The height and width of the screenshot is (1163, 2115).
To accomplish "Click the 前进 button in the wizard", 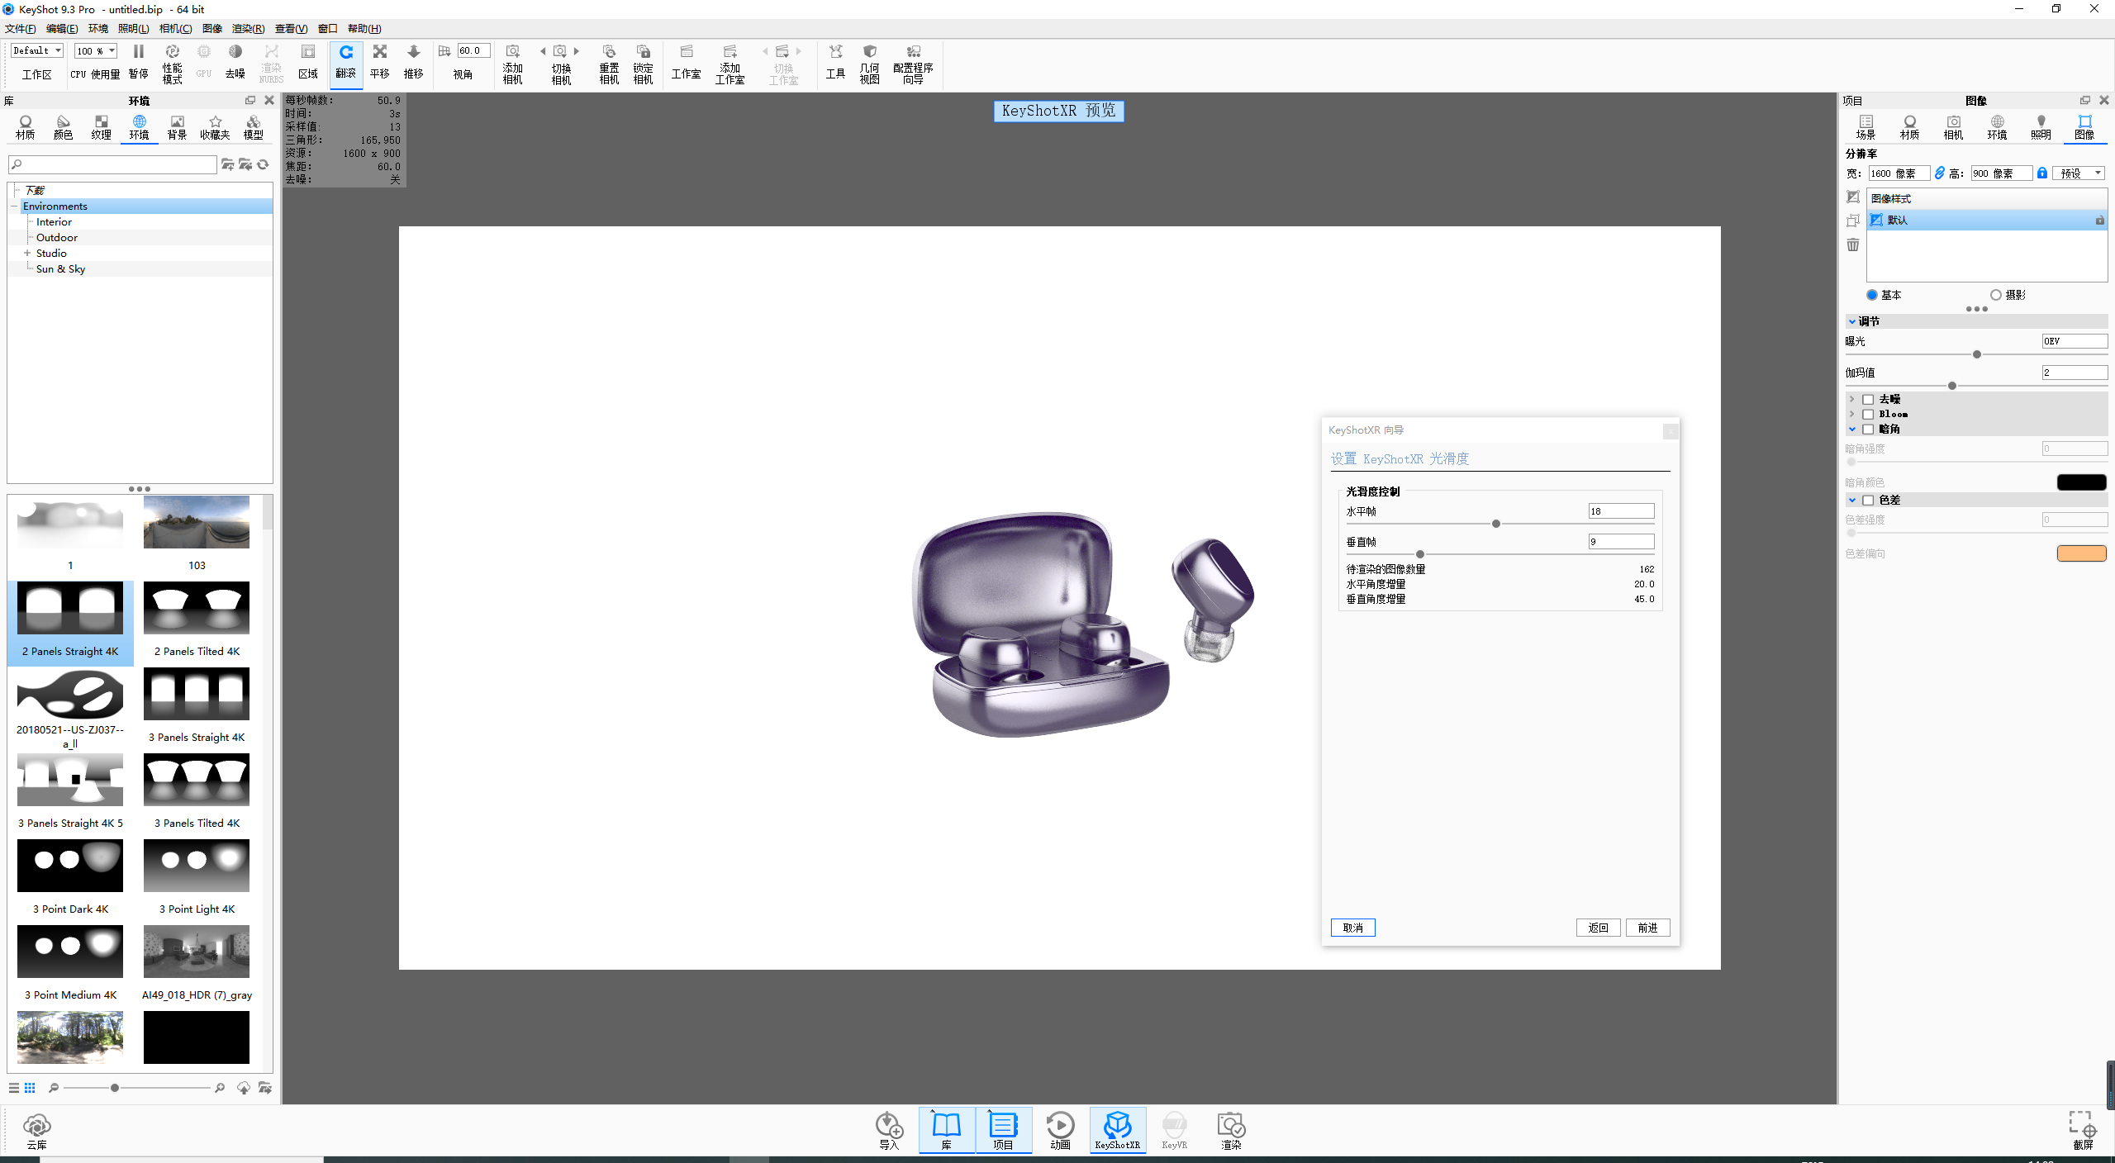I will (x=1647, y=928).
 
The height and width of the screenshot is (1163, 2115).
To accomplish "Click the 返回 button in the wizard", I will (x=1598, y=928).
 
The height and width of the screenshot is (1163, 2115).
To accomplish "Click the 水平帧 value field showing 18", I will (x=1620, y=511).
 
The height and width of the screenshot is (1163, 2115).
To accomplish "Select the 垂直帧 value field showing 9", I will (x=1620, y=542).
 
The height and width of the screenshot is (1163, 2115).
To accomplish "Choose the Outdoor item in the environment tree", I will (x=57, y=238).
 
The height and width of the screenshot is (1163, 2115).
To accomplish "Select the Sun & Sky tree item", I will (x=60, y=269).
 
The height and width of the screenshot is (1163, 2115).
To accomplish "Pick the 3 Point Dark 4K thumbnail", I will (x=70, y=866).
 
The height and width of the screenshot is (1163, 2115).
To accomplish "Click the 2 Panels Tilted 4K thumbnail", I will (x=197, y=608).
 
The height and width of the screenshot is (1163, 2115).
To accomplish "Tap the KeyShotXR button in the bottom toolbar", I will (x=1117, y=1129).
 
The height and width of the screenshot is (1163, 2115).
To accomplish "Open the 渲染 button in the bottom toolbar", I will (x=1231, y=1129).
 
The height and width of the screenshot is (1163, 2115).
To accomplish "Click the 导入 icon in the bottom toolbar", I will (x=889, y=1129).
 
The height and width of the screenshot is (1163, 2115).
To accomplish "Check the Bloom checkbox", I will (x=1868, y=415).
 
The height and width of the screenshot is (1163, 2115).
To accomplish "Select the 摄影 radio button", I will (x=1996, y=295).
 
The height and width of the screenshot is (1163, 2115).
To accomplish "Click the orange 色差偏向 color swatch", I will (x=2081, y=553).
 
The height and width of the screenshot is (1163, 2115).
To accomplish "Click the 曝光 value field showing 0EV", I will (x=2074, y=341).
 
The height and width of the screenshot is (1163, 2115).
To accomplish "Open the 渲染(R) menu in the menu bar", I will (x=248, y=29).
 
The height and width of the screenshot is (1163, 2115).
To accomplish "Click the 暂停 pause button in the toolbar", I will (x=139, y=61).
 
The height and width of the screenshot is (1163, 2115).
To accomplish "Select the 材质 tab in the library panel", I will (x=26, y=127).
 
